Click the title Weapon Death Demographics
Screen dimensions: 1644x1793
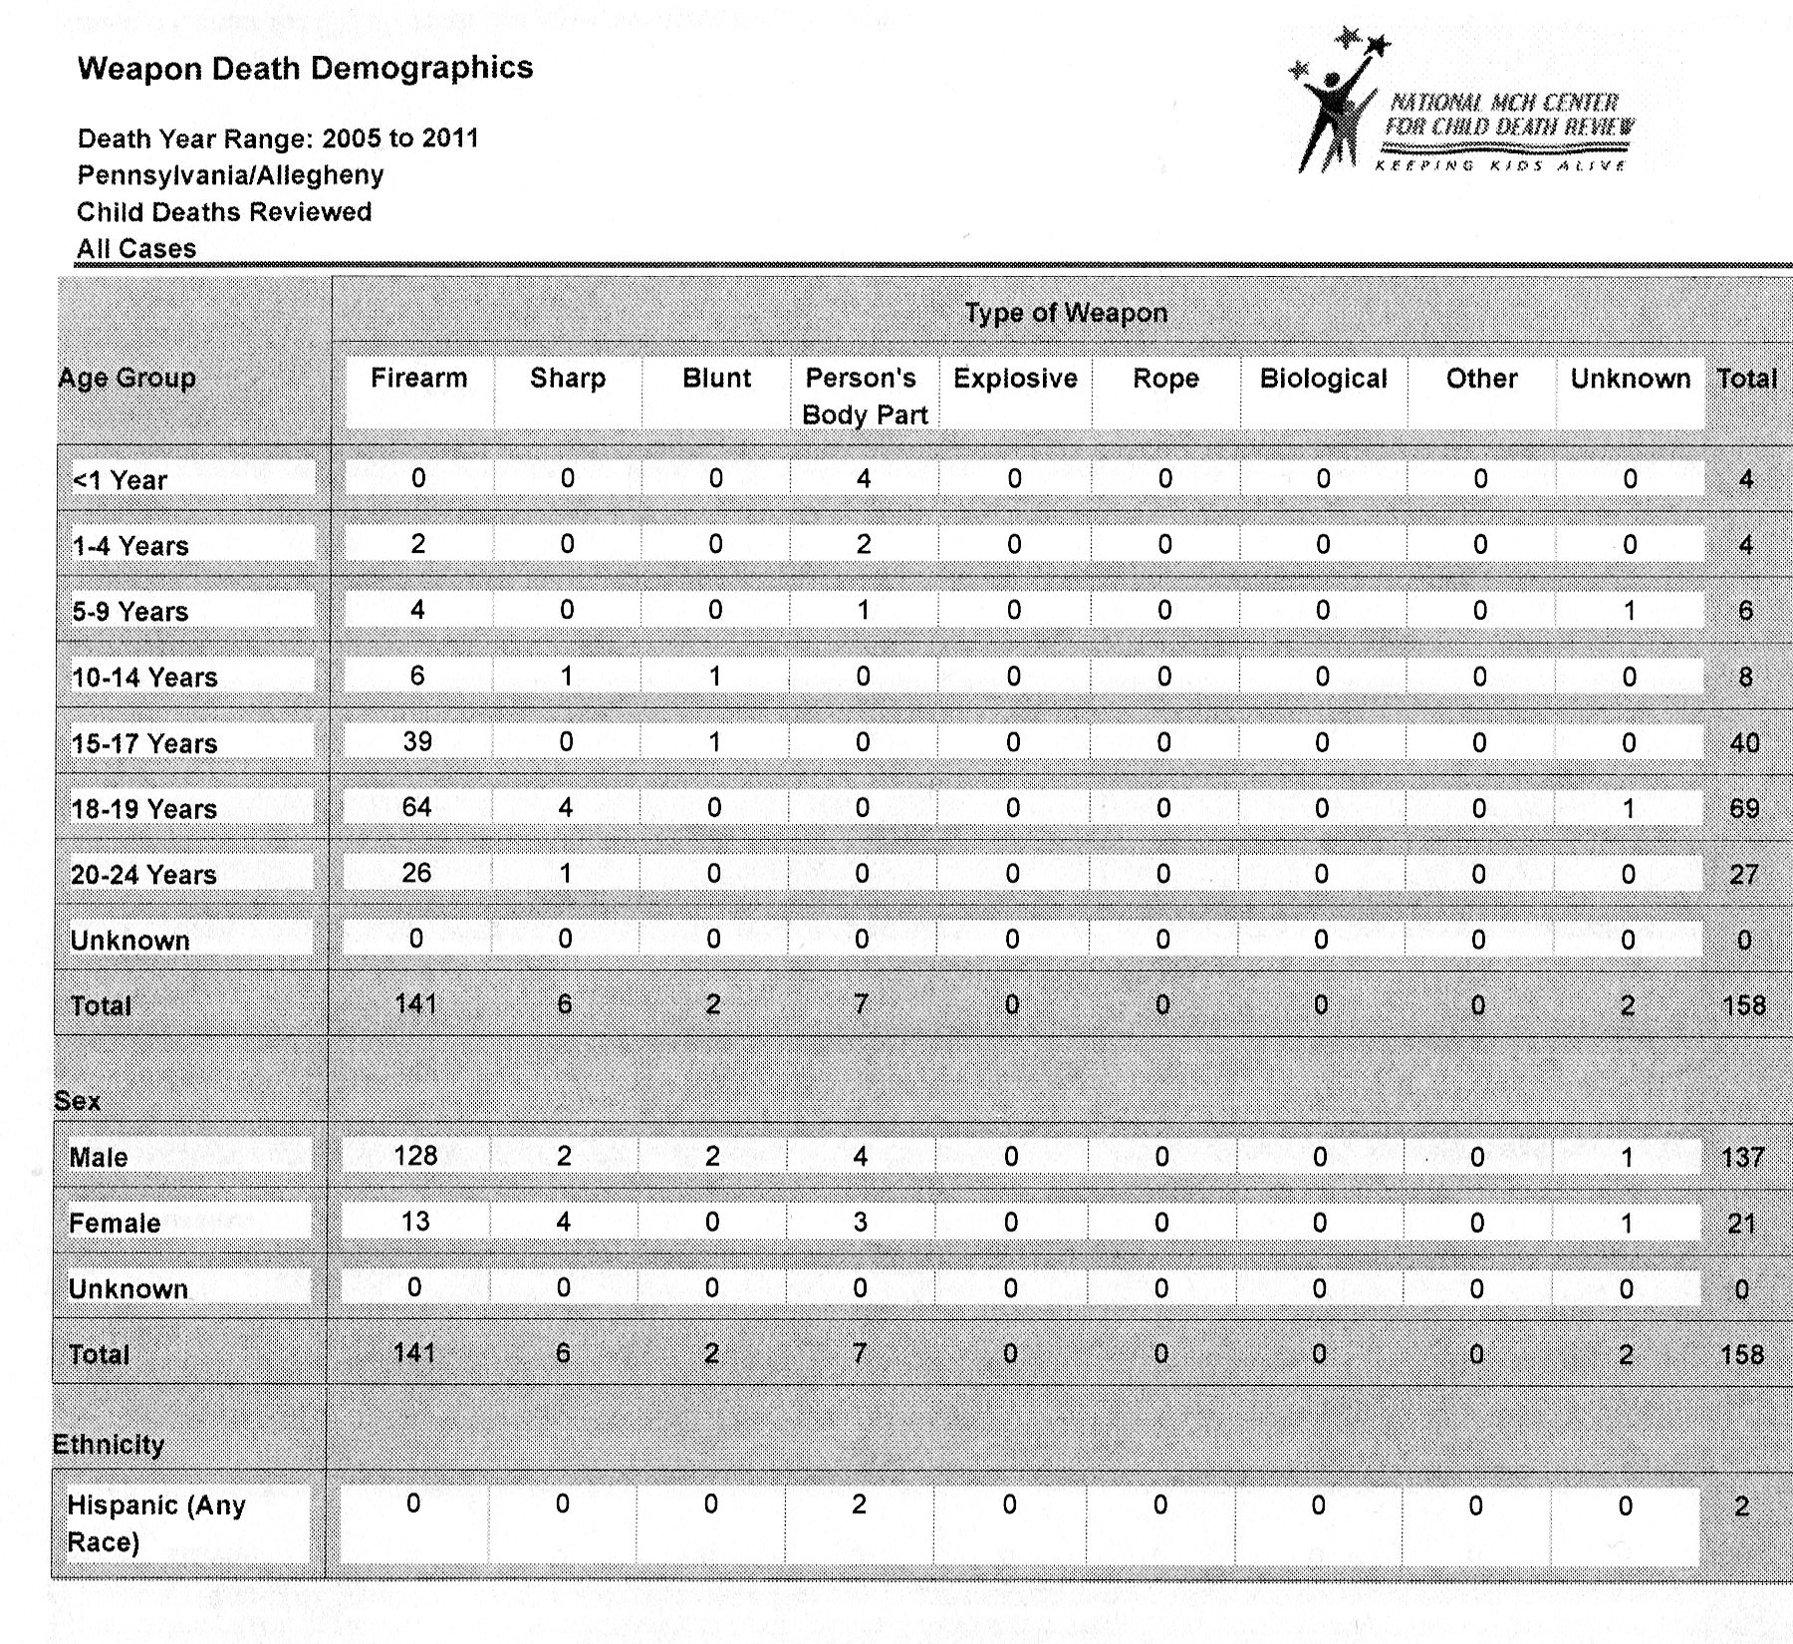305,68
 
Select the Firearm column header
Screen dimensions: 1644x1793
418,379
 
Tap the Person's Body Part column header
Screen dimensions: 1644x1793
863,396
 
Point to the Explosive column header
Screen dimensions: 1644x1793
1015,379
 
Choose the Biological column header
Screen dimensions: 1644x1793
1323,379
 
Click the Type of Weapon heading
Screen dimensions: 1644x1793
1065,313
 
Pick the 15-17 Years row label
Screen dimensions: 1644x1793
144,743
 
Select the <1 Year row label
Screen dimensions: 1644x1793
120,480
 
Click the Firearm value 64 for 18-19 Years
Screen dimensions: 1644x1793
416,807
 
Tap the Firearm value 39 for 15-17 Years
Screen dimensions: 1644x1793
417,741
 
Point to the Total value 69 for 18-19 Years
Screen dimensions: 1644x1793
1743,808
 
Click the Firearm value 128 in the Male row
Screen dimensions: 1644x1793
415,1156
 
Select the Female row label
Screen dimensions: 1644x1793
115,1224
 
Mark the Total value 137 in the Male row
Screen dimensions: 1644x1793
1742,1158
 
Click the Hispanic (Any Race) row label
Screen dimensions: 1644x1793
155,1523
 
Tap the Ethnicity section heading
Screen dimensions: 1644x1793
108,1445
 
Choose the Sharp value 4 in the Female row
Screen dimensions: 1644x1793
563,1223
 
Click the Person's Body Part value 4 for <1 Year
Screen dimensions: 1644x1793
863,478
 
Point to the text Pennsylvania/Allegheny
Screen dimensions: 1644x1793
230,175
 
